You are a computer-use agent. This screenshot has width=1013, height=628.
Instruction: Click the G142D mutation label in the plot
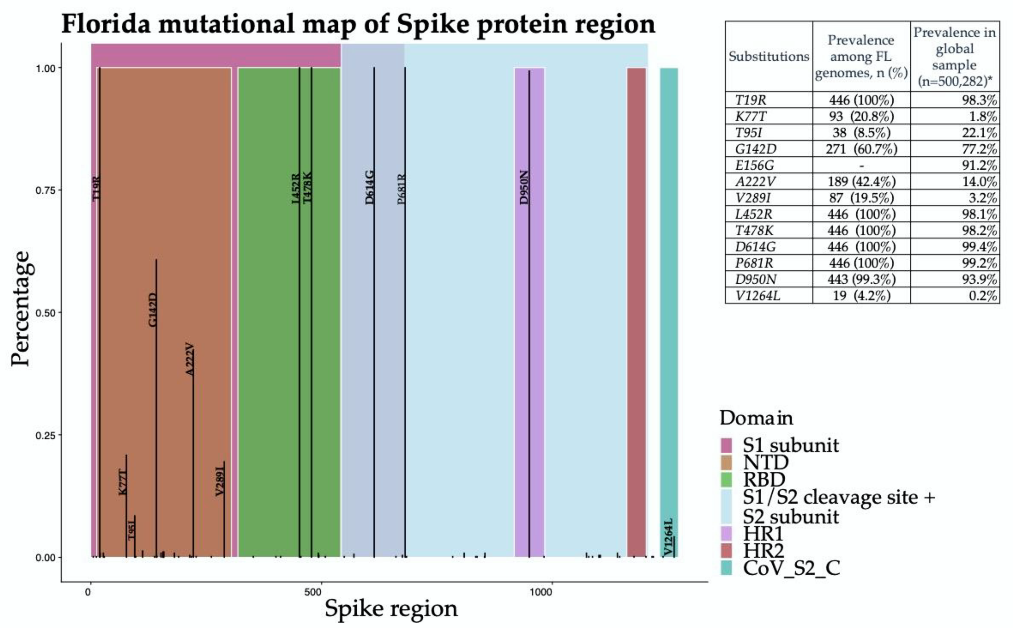tap(152, 310)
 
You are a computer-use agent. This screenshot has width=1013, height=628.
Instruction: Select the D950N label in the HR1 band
tap(524, 187)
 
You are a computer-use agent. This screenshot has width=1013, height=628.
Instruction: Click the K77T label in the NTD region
tap(123, 482)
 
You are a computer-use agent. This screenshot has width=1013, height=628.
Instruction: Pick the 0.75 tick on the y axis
tap(45, 190)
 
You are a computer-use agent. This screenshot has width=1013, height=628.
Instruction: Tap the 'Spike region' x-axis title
tap(391, 608)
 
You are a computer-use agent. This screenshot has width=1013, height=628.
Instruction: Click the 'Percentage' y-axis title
tap(21, 309)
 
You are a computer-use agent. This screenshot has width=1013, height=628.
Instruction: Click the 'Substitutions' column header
tap(768, 57)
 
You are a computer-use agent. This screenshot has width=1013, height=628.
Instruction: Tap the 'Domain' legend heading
tap(756, 418)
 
